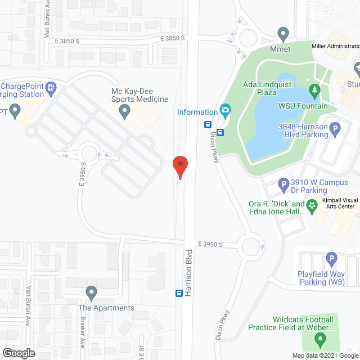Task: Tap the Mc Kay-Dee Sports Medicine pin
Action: pyautogui.click(x=125, y=113)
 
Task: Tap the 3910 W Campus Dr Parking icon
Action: pyautogui.click(x=284, y=183)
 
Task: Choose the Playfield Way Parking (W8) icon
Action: pyautogui.click(x=331, y=260)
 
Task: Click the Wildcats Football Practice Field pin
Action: pyautogui.click(x=319, y=339)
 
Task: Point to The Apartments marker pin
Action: pyautogui.click(x=91, y=293)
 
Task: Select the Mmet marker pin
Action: pyautogui.click(x=283, y=34)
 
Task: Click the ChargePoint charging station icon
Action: pyautogui.click(x=51, y=87)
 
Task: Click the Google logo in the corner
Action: pyautogui.click(x=18, y=353)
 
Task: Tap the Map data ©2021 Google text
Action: pyautogui.click(x=325, y=355)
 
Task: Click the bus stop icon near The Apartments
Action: pyautogui.click(x=179, y=293)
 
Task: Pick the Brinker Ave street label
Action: pyautogui.click(x=83, y=332)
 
